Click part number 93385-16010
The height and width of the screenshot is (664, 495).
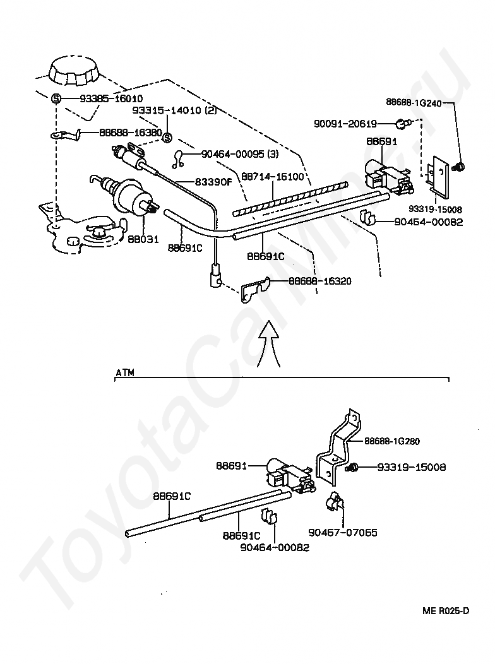click(x=111, y=98)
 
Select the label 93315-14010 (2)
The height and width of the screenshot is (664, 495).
click(x=174, y=110)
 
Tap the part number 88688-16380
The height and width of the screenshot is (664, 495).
click(x=131, y=133)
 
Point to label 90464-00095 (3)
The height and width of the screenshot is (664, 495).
click(x=240, y=154)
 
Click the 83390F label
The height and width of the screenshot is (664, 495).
click(x=214, y=182)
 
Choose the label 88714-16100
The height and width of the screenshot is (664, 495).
click(x=273, y=176)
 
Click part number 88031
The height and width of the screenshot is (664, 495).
click(x=143, y=239)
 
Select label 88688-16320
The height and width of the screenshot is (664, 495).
click(x=320, y=281)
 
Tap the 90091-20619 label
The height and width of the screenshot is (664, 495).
click(x=345, y=124)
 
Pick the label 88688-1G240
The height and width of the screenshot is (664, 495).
click(x=414, y=102)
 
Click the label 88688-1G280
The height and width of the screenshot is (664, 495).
click(x=392, y=441)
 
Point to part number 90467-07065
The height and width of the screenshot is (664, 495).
click(x=343, y=533)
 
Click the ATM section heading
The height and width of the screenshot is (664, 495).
click(x=125, y=372)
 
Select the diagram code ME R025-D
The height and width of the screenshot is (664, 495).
click(x=446, y=610)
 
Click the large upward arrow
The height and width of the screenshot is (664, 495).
click(x=269, y=343)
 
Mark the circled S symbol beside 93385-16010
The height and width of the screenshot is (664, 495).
click(x=56, y=98)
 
